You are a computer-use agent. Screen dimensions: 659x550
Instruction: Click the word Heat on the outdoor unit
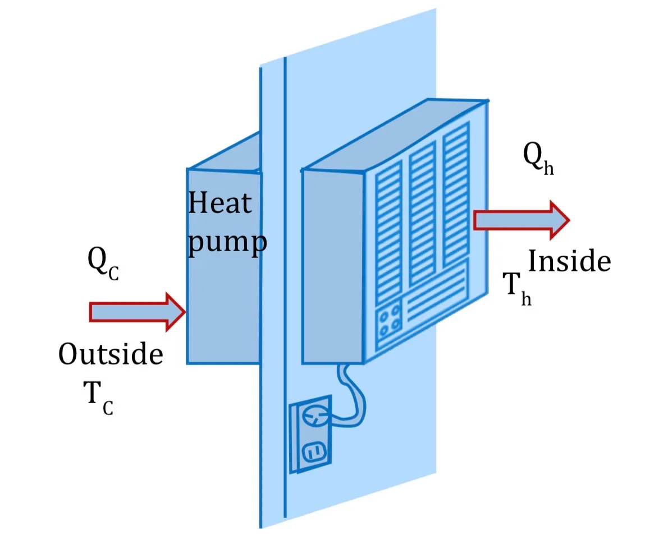coord(219,203)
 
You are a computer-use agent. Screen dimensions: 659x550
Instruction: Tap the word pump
coord(227,242)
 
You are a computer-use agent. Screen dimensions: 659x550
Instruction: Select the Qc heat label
coord(103,263)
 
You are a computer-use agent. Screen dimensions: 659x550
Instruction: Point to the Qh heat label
coord(538,158)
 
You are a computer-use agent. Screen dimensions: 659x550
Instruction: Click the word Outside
coord(111,354)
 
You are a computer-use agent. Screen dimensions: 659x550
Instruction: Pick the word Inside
coord(569,261)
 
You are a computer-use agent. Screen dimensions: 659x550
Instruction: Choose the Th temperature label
coord(518,289)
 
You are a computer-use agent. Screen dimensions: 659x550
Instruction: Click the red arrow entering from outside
coord(138,312)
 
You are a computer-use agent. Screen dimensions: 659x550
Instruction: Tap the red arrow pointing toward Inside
coord(521,220)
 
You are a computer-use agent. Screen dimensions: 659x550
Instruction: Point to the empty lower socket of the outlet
coord(314,452)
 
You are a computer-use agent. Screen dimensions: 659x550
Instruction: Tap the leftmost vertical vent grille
coord(388,233)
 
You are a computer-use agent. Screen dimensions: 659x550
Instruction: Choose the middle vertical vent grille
coord(422,215)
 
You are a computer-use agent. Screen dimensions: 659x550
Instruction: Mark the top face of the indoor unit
coord(395,135)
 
